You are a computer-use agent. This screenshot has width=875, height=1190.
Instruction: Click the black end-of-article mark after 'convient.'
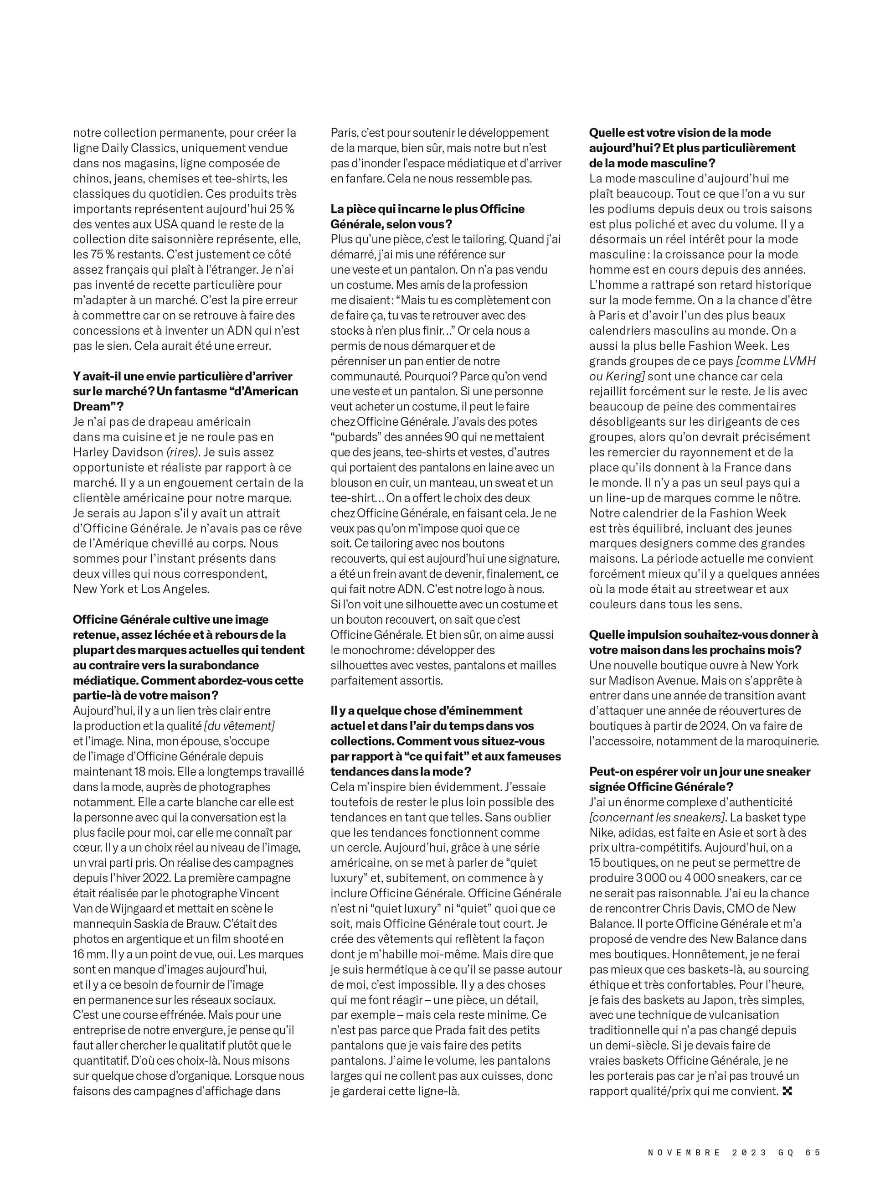[x=787, y=1092]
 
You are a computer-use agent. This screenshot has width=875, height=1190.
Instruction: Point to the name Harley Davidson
[x=118, y=452]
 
